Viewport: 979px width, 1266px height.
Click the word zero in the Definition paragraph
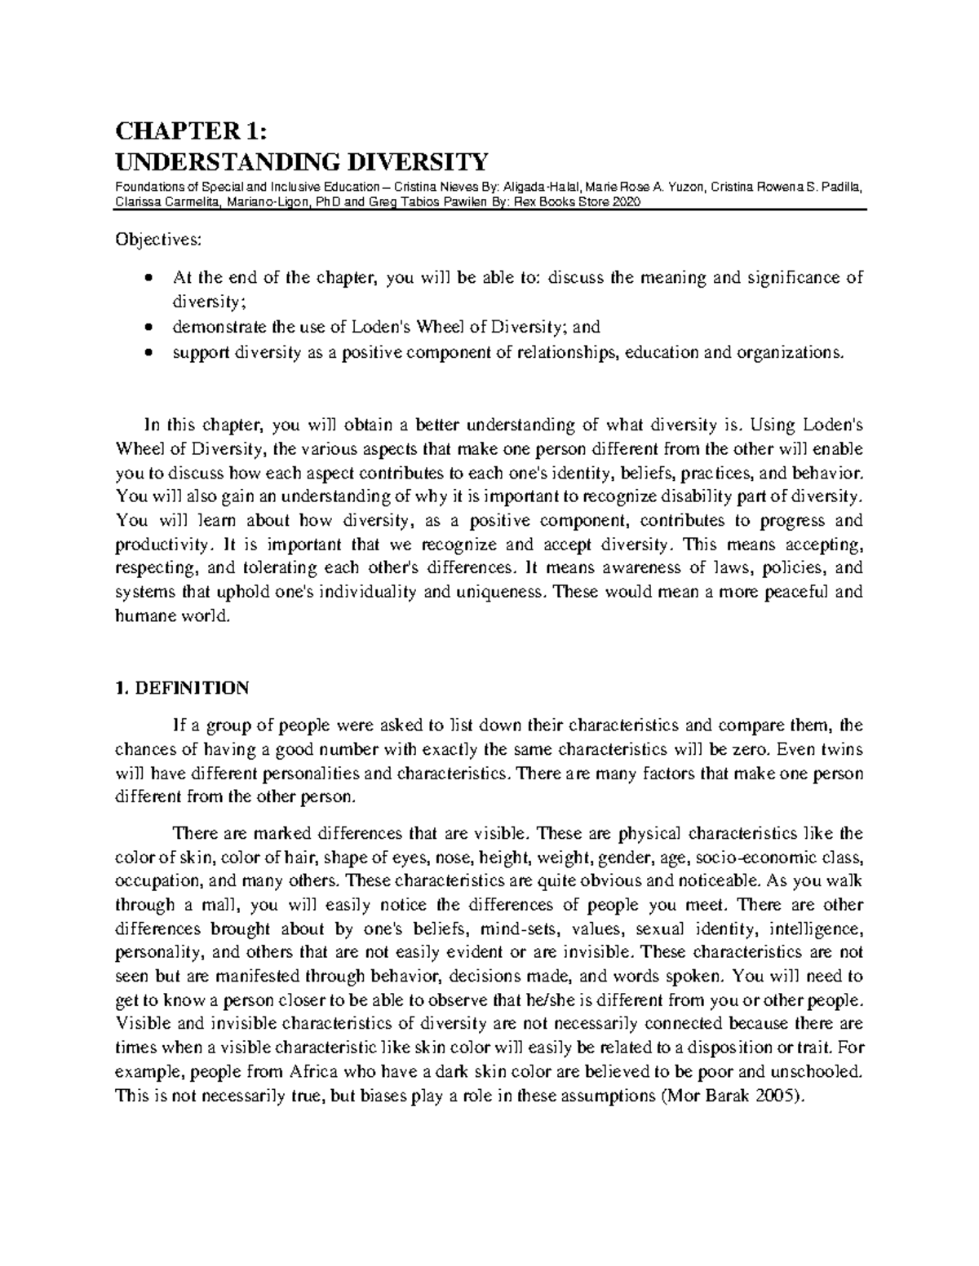(752, 749)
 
